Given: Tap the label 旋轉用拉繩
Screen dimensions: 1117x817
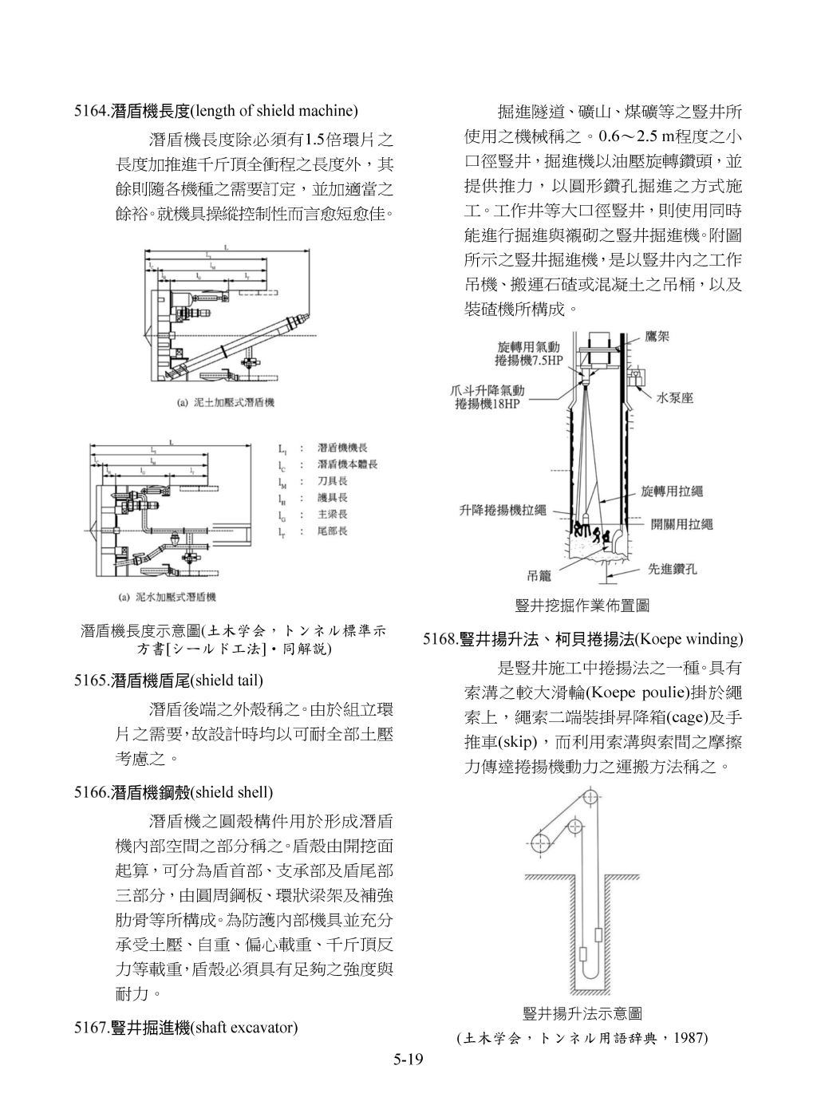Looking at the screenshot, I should (671, 492).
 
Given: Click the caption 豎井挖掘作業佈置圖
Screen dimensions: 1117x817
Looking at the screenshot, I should (582, 606).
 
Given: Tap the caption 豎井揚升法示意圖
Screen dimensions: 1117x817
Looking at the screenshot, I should (582, 1014).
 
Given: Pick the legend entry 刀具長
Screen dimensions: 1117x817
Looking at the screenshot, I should (332, 481).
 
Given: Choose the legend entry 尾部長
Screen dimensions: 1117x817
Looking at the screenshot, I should (332, 531).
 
